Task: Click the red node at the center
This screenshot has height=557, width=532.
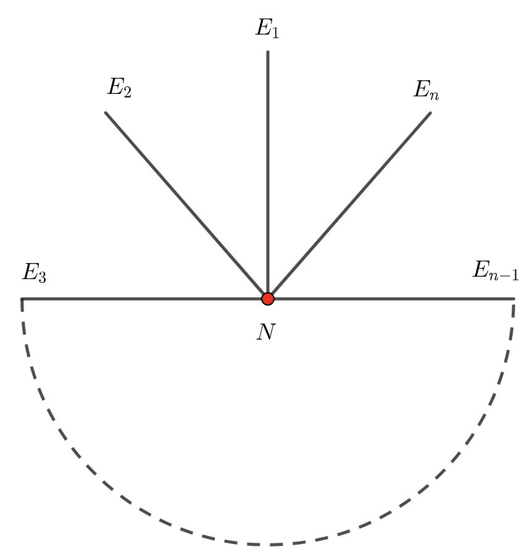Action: point(267,299)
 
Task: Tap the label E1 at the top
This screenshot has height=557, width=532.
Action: point(267,28)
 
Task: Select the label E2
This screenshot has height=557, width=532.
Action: point(119,88)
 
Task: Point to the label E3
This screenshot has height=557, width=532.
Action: point(34,272)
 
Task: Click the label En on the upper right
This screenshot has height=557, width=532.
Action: point(426,90)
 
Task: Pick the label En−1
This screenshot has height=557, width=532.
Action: point(496,270)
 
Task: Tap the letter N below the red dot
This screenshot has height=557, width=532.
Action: point(266,332)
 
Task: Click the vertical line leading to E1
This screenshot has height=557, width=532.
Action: point(267,173)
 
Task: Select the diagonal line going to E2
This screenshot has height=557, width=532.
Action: point(185,204)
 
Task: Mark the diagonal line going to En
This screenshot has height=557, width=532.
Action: point(349,204)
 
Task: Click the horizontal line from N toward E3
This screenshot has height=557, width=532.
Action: point(142,299)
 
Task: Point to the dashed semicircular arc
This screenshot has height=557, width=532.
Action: point(268,544)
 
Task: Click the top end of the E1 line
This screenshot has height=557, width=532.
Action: point(267,52)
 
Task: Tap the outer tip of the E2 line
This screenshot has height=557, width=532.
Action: point(106,113)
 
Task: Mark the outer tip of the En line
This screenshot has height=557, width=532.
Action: point(430,113)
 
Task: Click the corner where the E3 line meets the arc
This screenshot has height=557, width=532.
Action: point(22,299)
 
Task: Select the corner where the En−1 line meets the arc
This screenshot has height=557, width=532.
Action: point(513,299)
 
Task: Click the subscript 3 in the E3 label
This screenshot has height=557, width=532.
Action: point(41,277)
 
